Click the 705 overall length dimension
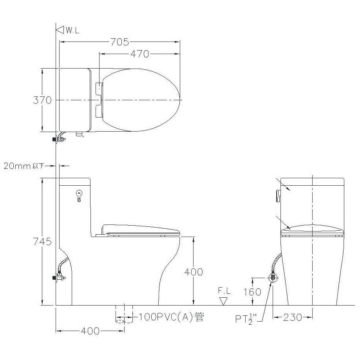tap(119, 42)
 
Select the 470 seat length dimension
tap(139, 54)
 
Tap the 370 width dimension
tap(42, 100)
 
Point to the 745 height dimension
tap(42, 242)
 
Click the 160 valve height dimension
tap(252, 292)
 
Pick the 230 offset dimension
tap(293, 318)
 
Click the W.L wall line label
tap(72, 30)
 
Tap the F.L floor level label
tap(224, 291)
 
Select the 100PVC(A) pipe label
tap(171, 317)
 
